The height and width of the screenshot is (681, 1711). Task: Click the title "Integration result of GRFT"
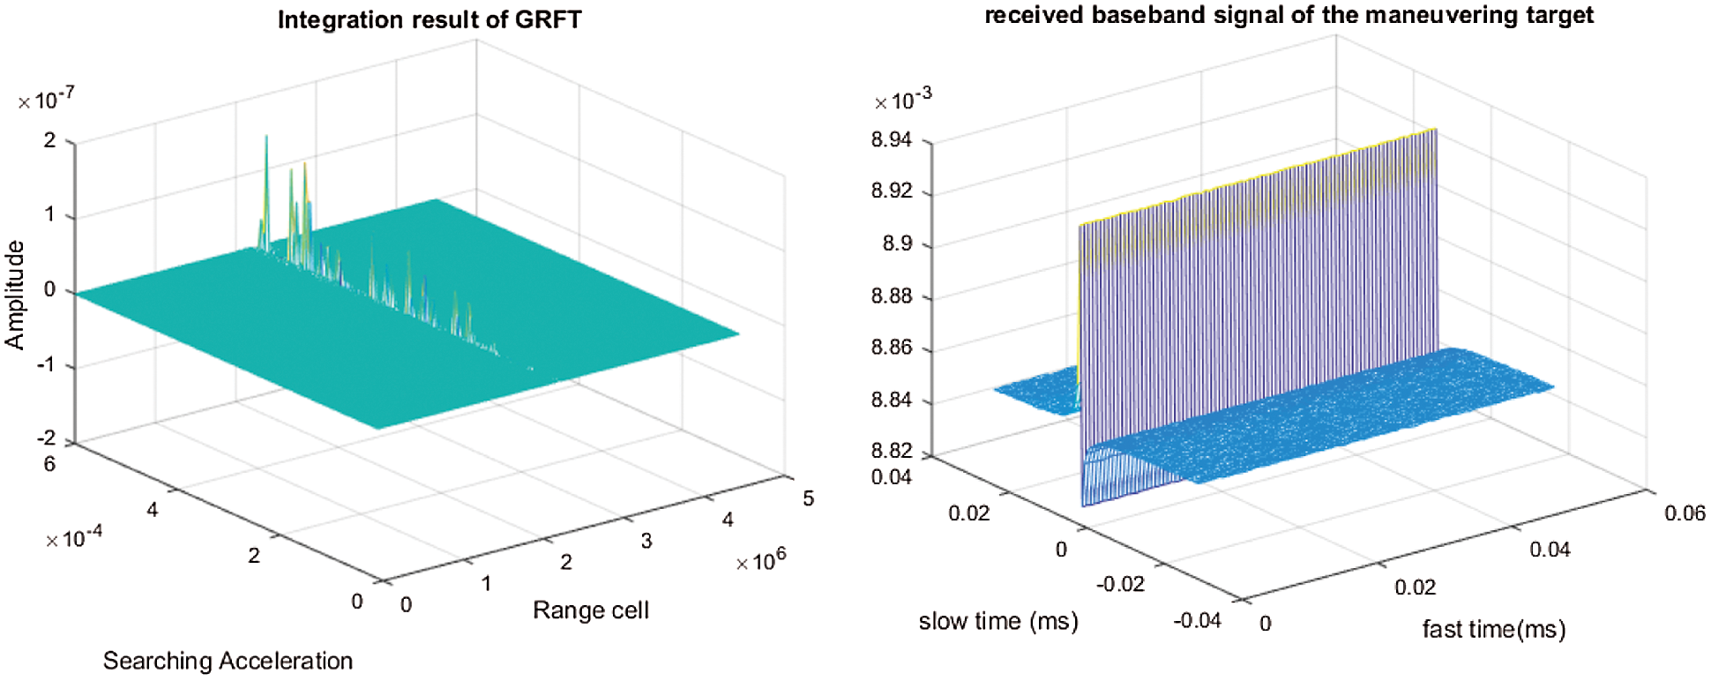[x=430, y=20]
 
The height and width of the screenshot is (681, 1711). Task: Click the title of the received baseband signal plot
[x=1289, y=16]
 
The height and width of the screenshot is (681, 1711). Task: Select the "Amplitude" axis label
[x=15, y=295]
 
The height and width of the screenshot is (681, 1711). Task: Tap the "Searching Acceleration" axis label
[x=228, y=661]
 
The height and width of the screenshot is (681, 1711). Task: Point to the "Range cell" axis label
[x=591, y=610]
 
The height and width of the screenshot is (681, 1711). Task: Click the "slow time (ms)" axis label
[x=998, y=621]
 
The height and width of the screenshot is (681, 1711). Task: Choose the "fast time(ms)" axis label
[x=1494, y=629]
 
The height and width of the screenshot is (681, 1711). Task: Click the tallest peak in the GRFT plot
[x=266, y=138]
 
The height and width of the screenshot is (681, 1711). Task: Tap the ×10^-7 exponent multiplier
[x=47, y=101]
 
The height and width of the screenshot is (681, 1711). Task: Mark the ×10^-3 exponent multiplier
[x=902, y=101]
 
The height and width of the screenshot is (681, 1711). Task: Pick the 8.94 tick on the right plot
[x=892, y=140]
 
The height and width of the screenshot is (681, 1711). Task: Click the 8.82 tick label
[x=892, y=451]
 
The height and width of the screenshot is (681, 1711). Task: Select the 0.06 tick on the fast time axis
[x=1685, y=513]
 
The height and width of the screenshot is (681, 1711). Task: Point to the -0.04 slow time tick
[x=1197, y=621]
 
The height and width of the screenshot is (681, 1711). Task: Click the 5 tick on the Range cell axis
[x=809, y=498]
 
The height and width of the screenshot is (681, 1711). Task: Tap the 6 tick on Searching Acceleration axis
[x=49, y=464]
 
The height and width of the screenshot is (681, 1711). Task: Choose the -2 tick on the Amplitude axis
[x=46, y=438]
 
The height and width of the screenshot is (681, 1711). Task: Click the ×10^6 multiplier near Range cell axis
[x=760, y=560]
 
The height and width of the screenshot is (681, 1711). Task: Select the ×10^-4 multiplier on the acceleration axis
[x=74, y=537]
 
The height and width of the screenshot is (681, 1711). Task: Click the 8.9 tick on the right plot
[x=898, y=244]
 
